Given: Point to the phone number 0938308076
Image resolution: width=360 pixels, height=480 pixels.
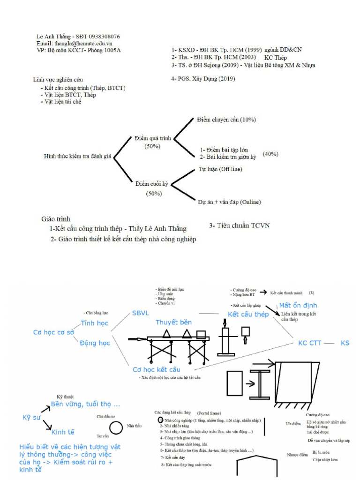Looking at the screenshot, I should coord(102,36).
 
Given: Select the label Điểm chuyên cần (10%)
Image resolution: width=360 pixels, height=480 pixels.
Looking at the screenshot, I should coord(226,120).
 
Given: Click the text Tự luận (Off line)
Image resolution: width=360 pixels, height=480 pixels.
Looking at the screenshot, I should coord(221,169).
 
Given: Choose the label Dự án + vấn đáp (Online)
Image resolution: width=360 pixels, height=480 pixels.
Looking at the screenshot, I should coord(229,202).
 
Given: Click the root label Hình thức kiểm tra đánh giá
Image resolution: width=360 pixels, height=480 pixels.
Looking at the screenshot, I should coord(77,156).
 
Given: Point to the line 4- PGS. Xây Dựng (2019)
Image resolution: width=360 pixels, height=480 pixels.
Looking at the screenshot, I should coord(203,79).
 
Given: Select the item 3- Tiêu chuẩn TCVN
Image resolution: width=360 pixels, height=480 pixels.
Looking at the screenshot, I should coord(239,225).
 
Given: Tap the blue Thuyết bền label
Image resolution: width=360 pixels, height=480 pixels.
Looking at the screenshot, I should coord(173,322).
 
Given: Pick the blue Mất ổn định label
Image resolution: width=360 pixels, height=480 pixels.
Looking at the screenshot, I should coord(298,305).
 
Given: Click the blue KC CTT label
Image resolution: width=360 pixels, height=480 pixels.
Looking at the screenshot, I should coord(310,343).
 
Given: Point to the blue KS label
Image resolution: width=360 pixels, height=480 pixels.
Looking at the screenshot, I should coord(345,343).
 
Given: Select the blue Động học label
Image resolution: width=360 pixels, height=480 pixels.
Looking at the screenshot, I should coord(95,343).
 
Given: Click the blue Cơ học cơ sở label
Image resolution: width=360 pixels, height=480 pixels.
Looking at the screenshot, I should coord(53,332).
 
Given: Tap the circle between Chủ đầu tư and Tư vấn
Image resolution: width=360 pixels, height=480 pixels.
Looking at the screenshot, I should coord(116,427).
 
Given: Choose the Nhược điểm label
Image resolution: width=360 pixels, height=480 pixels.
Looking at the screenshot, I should coord(297,454).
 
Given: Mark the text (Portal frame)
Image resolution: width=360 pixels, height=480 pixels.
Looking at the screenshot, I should coord(209,413).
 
